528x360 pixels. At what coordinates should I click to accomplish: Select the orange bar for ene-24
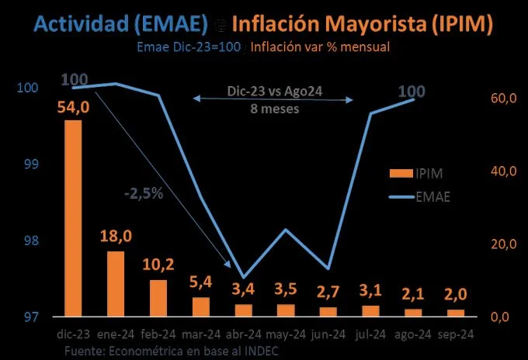point(116,284)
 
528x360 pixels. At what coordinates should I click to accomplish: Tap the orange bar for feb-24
point(158,298)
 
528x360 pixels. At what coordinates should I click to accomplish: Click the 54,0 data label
point(74,107)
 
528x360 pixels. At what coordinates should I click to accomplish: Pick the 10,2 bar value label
point(158,265)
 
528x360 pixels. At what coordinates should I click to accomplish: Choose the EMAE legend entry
point(429,196)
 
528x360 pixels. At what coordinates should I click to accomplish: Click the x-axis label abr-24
point(243,335)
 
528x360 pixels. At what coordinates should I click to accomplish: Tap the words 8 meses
point(274,109)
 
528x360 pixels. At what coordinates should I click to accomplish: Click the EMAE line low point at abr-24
point(243,277)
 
